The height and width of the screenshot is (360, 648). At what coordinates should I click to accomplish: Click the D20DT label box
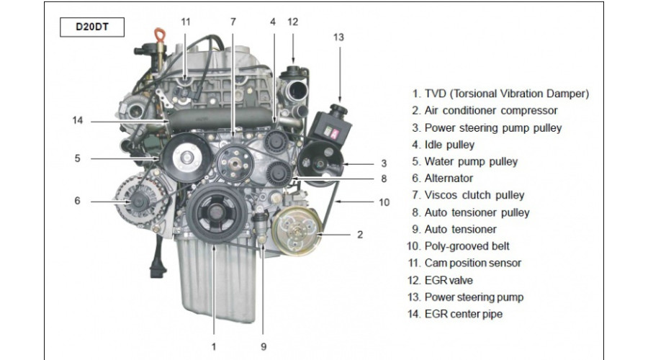92,27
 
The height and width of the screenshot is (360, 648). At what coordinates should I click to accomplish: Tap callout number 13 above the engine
338,37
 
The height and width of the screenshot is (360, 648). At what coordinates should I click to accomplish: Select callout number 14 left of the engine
78,120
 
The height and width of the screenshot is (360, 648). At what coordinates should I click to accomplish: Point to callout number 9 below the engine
264,347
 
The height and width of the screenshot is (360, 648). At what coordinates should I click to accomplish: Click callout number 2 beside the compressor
360,235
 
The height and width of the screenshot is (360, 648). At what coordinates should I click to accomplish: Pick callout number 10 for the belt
384,202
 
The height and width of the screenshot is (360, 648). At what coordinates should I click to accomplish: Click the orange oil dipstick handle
160,35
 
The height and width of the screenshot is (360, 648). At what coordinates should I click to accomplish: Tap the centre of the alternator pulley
138,202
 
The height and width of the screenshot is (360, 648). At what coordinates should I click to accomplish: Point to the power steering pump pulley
320,163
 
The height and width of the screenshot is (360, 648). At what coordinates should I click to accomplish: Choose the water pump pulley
186,157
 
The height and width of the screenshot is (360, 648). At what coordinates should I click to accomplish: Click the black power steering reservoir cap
338,109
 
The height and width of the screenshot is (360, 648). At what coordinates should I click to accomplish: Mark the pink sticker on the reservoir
334,133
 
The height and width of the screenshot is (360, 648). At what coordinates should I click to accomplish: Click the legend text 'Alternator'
449,178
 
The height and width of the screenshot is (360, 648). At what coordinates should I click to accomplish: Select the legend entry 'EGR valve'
440,280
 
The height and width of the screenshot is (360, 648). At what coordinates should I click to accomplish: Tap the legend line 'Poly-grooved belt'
458,246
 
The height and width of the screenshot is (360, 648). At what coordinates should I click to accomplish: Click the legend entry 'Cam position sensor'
464,263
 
